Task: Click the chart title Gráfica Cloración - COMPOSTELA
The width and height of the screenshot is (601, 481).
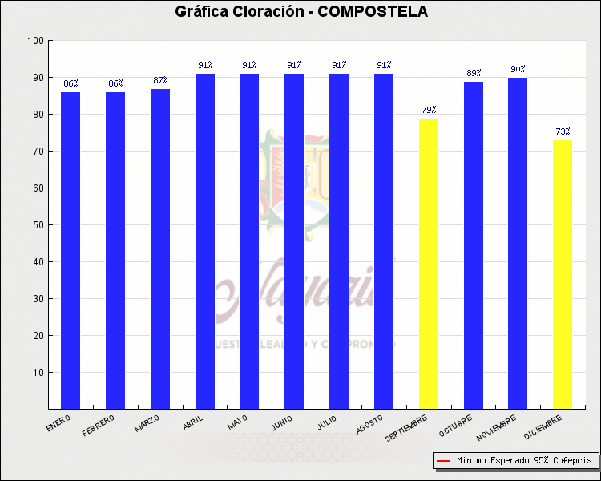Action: pos(301,12)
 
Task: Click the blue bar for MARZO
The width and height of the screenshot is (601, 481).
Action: pos(160,249)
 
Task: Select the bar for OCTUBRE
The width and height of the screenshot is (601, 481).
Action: pos(474,245)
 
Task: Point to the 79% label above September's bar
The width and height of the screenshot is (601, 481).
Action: pos(429,110)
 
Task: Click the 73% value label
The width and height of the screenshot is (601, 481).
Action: pos(563,131)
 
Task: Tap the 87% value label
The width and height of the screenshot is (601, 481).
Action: pos(160,80)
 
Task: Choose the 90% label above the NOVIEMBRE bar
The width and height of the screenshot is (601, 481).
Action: pos(518,70)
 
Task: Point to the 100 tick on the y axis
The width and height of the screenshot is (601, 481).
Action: pos(35,41)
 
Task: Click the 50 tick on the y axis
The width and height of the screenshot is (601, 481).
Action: pos(38,225)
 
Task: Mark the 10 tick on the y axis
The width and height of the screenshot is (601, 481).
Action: pos(38,373)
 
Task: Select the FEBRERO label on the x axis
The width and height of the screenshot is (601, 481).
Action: pos(99,426)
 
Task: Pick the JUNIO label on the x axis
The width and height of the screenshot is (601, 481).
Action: pos(282,423)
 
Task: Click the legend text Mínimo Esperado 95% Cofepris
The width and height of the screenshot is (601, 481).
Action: pos(524,461)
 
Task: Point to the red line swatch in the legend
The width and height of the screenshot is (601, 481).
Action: pos(442,461)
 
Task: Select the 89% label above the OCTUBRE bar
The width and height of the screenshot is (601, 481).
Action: pos(474,73)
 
